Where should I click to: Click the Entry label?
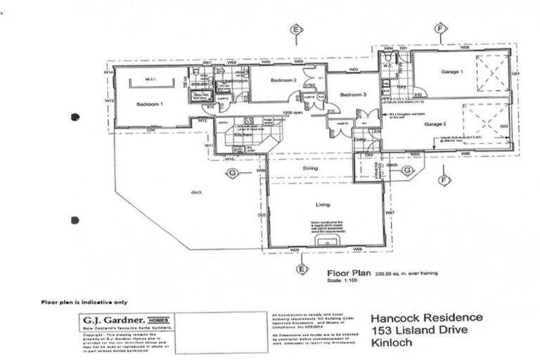pos(360,139)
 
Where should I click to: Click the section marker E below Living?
pos(302,269)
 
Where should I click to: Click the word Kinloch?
pos(388,344)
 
